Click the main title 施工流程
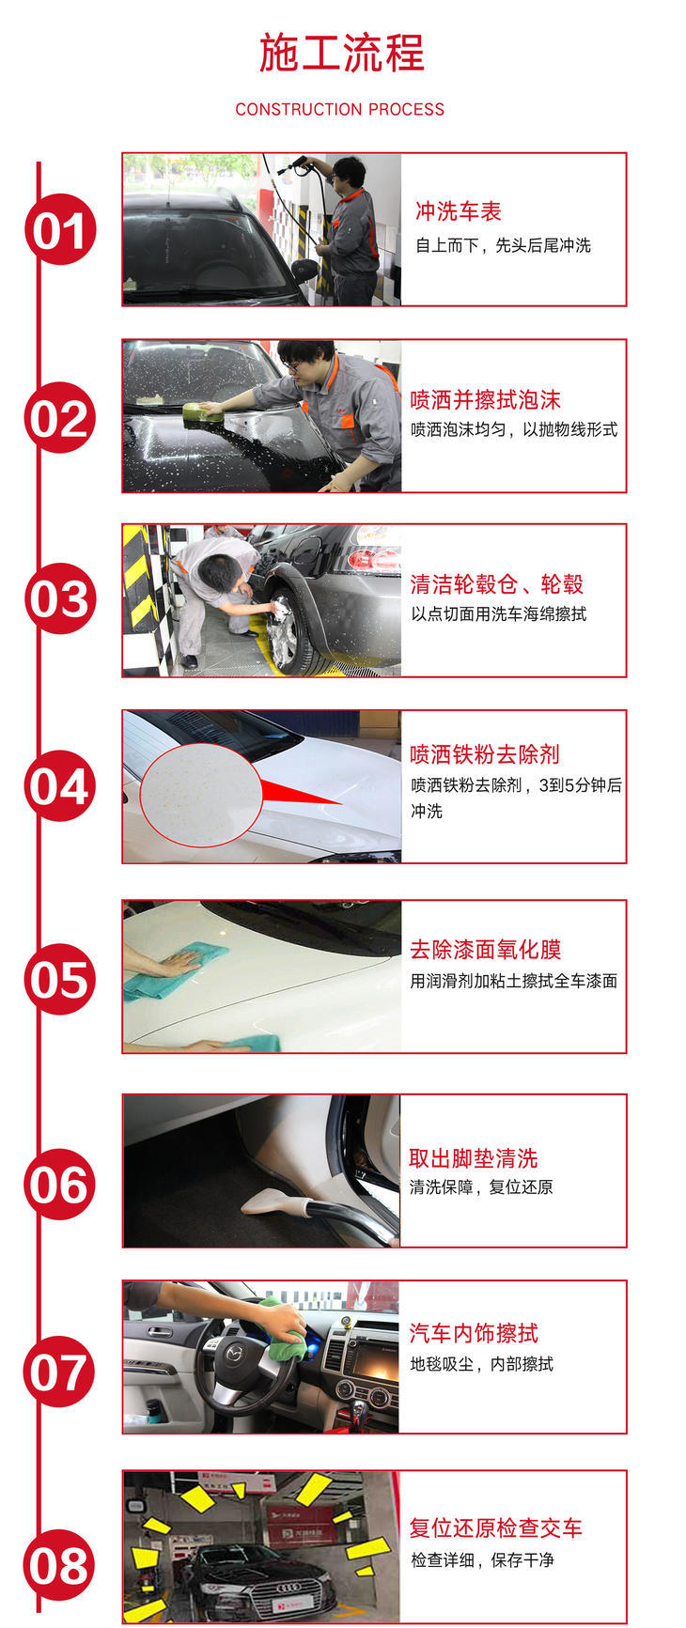tap(341, 53)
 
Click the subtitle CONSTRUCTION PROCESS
tap(340, 109)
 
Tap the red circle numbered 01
tap(61, 229)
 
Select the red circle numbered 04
tap(61, 786)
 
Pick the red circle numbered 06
tap(61, 1185)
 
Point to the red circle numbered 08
tap(61, 1565)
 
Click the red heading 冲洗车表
tap(459, 211)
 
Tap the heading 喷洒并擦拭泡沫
tap(485, 400)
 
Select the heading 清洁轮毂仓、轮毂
tap(496, 584)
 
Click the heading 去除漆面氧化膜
tap(485, 949)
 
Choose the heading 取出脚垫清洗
tap(474, 1158)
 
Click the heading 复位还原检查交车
tap(496, 1528)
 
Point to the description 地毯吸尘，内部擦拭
tap(482, 1364)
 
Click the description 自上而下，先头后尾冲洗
tap(504, 245)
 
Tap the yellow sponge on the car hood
tap(203, 412)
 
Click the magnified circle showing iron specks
tap(200, 795)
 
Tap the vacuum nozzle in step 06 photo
tap(273, 1202)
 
